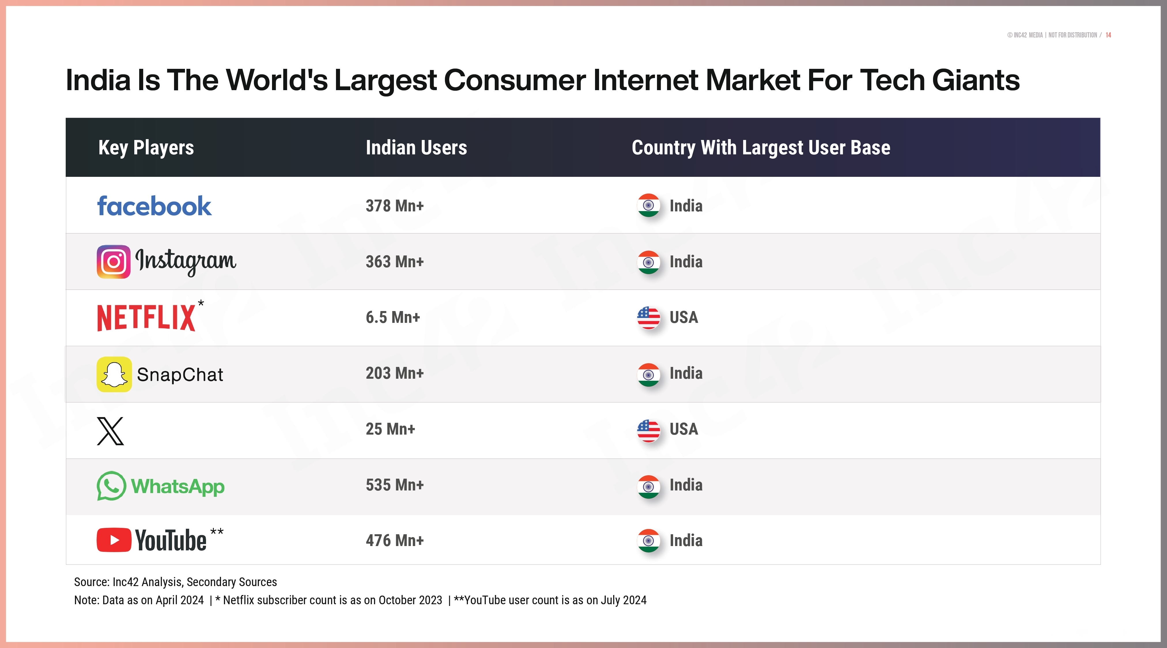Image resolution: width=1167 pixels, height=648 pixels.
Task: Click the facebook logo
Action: point(154,206)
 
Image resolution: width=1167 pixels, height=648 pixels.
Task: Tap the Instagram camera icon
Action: point(113,262)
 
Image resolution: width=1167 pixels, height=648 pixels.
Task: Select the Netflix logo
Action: point(146,317)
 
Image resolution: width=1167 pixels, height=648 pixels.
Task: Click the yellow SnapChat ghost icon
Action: point(114,374)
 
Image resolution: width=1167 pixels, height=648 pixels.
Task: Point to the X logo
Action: point(110,431)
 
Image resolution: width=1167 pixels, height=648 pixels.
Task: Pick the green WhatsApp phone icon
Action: point(111,486)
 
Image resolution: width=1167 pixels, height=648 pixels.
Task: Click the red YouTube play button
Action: point(114,540)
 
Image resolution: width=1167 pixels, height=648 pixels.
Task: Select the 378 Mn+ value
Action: point(394,206)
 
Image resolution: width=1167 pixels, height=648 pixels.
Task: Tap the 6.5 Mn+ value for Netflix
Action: point(393,317)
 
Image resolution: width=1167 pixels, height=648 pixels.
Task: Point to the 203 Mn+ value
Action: point(394,374)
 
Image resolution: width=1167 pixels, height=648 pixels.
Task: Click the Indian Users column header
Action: point(416,148)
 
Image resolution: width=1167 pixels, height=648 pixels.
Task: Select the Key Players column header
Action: point(146,148)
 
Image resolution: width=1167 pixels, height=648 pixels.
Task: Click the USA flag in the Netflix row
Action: point(648,317)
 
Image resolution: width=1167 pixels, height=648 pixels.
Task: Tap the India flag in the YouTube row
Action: point(648,541)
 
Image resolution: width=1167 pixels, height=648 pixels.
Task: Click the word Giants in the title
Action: point(976,80)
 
